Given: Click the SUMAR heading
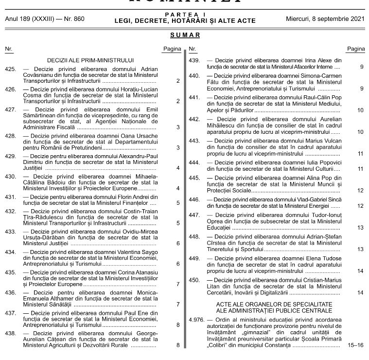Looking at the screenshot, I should [185, 36].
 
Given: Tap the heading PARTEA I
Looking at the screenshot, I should [185, 16].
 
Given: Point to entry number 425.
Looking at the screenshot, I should [10, 70].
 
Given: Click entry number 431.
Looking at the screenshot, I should [10, 197].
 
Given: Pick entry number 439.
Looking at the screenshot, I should [194, 60].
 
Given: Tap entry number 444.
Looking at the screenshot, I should [194, 162].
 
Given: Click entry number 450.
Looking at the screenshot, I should [194, 280].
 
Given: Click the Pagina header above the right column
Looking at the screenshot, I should [356, 49].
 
